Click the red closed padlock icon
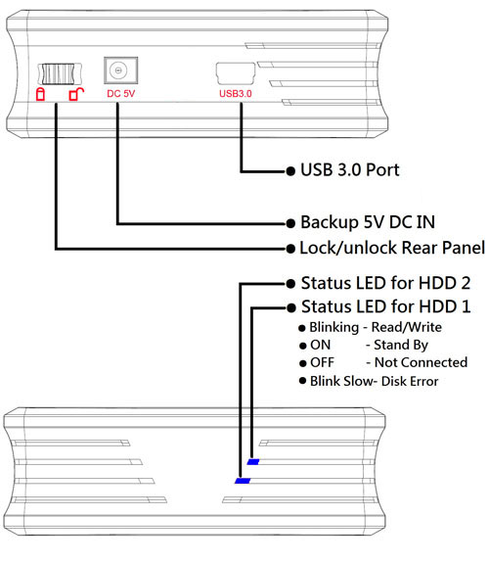40,94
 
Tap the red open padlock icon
76,94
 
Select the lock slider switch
60,73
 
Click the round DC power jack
117,70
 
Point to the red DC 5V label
121,94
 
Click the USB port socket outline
236,73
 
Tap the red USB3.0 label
236,94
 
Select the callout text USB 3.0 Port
350,170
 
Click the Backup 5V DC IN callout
368,222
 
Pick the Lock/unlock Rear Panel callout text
392,248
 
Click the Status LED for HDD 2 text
385,283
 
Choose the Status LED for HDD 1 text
385,307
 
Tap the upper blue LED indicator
253,462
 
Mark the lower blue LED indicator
243,481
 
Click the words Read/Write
407,327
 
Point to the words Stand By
401,346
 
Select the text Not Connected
421,362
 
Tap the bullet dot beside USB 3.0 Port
290,171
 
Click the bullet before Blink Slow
303,381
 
